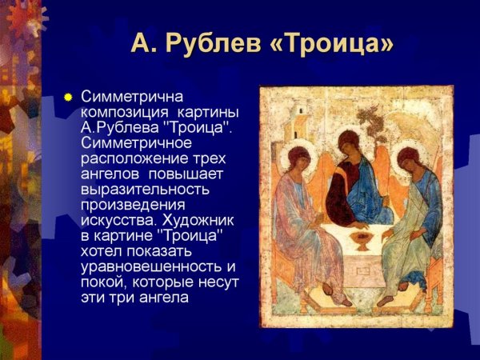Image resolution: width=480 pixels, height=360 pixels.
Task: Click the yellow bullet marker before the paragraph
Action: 68,98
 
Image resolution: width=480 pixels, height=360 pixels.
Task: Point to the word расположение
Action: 127,158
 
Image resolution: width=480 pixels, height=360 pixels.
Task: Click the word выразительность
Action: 144,189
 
